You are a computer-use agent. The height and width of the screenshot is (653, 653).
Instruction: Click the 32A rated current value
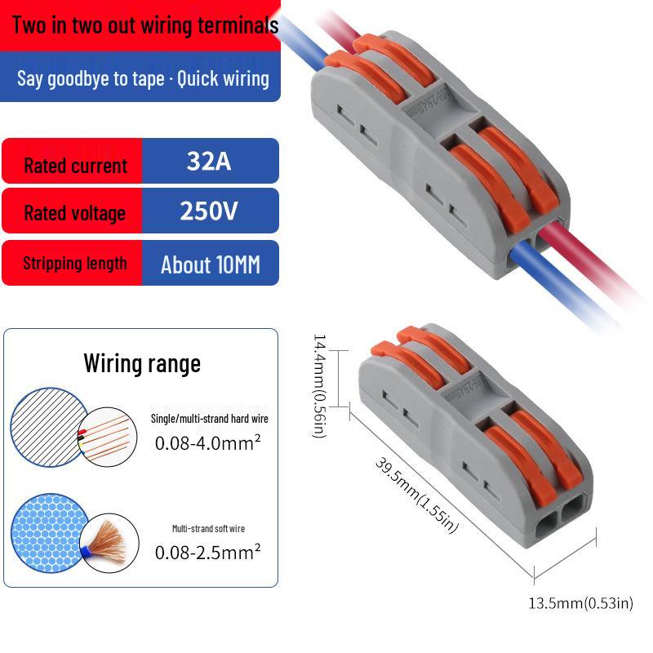click(x=209, y=161)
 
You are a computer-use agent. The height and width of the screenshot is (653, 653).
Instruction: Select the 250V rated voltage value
click(x=209, y=211)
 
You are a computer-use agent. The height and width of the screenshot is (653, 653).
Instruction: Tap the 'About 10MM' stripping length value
click(x=211, y=264)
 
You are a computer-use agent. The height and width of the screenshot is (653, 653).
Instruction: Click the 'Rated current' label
click(x=75, y=166)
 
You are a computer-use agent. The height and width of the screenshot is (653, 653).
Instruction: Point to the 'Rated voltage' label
click(x=74, y=213)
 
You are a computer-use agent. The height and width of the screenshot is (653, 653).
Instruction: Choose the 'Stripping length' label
click(x=75, y=263)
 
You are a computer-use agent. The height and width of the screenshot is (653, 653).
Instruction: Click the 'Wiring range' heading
click(x=142, y=363)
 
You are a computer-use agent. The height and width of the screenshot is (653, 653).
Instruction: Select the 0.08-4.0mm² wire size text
click(x=208, y=442)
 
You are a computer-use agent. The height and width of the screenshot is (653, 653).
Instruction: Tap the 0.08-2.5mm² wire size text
click(x=208, y=552)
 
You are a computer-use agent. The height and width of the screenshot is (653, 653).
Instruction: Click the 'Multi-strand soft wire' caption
click(x=209, y=528)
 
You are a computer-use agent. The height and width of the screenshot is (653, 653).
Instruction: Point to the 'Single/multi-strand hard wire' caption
click(x=210, y=419)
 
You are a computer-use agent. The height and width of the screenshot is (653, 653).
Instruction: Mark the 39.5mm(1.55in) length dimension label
click(x=417, y=495)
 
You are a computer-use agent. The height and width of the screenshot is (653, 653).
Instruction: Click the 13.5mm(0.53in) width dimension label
click(x=581, y=603)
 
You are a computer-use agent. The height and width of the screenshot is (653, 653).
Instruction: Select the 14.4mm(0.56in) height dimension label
click(x=320, y=385)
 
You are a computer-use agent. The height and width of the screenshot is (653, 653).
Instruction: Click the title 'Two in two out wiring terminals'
click(x=145, y=25)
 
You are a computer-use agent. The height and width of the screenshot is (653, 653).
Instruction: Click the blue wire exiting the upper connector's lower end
click(x=558, y=287)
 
